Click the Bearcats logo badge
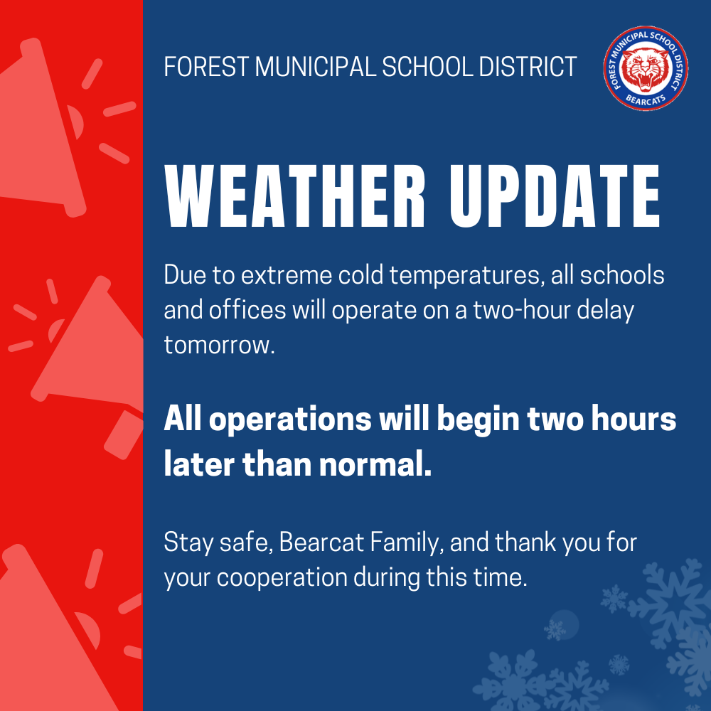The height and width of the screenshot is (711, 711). pyautogui.click(x=646, y=70)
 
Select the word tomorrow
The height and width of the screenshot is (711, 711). pyautogui.click(x=218, y=345)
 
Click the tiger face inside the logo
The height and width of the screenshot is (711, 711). pyautogui.click(x=646, y=70)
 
